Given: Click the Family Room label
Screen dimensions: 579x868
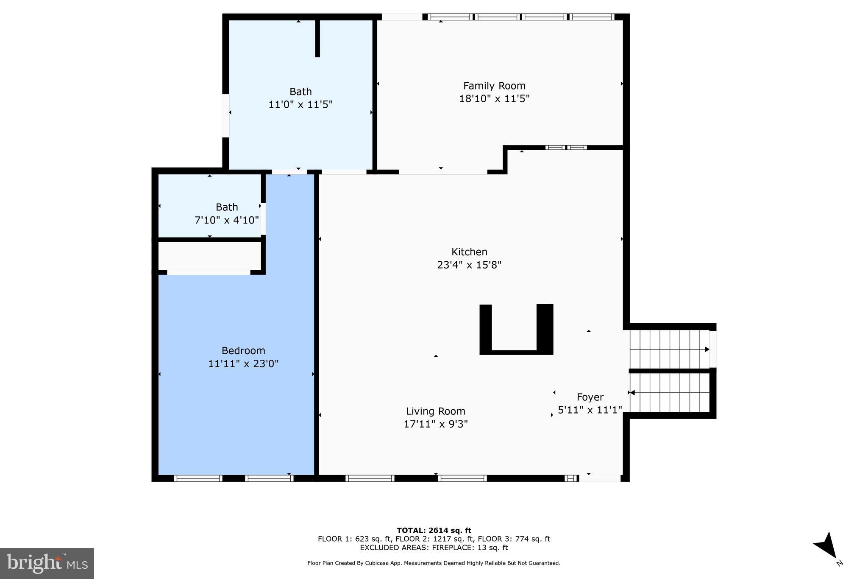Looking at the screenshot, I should coord(494,86).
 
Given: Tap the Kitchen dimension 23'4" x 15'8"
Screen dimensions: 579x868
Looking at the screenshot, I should coord(469,265).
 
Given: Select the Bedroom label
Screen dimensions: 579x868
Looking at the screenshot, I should coord(243,350).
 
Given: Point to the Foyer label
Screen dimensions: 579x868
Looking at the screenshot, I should coord(590,397).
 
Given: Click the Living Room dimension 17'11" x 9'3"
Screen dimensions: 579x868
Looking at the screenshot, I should coord(436,424).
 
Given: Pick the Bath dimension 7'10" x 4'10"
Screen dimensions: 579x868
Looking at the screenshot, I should coord(226,220).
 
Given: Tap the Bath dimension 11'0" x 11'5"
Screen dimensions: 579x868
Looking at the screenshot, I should coord(300,104).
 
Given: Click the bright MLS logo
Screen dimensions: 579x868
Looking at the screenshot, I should coord(47,563).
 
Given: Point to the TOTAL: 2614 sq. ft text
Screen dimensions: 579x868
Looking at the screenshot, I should coord(434,530).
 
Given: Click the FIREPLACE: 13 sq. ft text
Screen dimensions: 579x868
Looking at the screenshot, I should coord(470,548).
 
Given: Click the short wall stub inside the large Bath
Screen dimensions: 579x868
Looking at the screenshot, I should coord(317,38).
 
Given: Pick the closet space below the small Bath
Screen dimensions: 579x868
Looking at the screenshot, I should coord(209,255).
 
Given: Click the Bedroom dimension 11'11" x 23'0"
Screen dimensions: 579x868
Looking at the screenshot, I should coord(243,364).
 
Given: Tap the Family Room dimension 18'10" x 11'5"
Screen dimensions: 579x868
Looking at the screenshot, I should coord(494,99).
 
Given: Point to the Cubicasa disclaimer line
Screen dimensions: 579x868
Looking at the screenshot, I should coord(434,563).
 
